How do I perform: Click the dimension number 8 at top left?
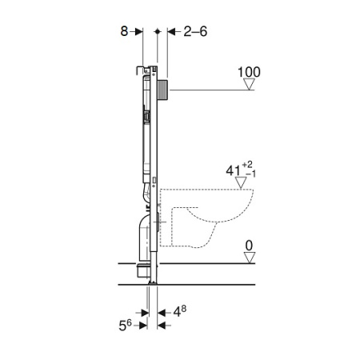pos(124,31)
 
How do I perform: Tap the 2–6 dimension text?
pos(195,31)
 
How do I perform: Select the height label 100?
pos(249,72)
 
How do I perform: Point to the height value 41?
pos(233,170)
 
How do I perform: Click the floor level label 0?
pos(249,246)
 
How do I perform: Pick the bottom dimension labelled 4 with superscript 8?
pos(180,311)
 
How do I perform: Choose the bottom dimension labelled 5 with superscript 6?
pos(125,325)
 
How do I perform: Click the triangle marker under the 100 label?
pos(250,84)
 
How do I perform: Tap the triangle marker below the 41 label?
pos(241,183)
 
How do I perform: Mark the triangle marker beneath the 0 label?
pos(250,258)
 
